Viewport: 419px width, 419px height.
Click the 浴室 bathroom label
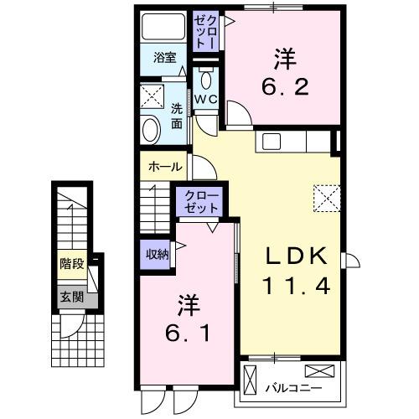click(x=164, y=58)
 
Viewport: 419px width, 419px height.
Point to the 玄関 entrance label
click(x=70, y=296)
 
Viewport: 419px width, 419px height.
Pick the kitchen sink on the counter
click(x=272, y=141)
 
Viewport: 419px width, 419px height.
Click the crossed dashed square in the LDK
click(x=326, y=198)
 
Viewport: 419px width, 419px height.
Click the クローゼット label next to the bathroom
click(x=206, y=33)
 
